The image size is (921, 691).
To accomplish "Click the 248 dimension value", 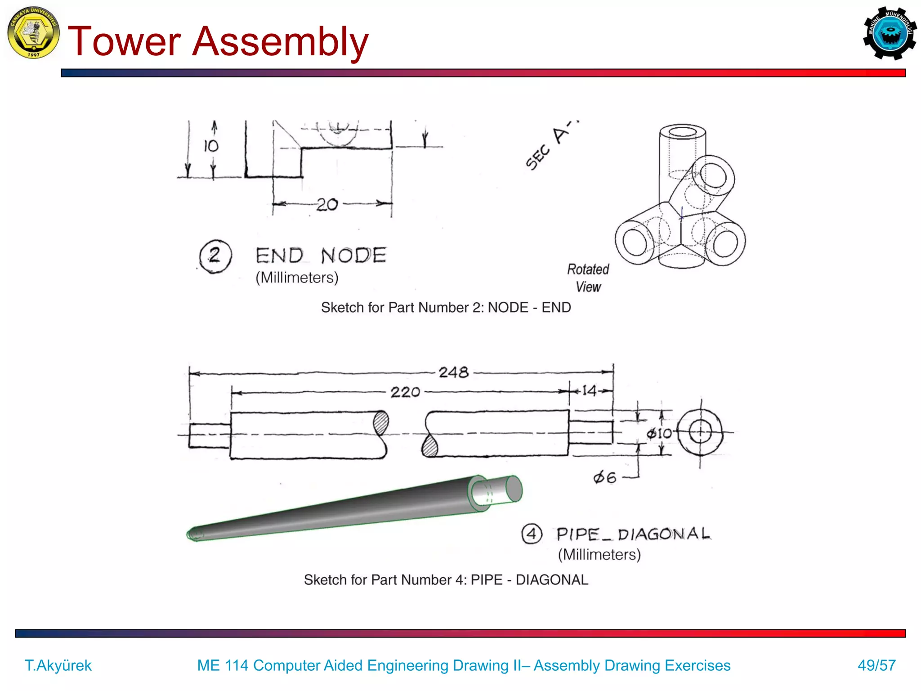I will click(453, 372).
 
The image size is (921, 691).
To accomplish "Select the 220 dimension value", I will click(405, 392).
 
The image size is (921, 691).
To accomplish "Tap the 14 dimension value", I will click(589, 390).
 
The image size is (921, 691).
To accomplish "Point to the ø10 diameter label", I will click(659, 433).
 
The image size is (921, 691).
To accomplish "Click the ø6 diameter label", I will click(604, 477).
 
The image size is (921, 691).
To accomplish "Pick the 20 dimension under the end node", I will click(327, 205).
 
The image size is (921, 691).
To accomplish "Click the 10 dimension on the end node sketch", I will click(210, 146).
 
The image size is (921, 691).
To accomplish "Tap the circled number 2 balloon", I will click(215, 256).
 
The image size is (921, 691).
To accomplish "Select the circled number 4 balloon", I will click(532, 534).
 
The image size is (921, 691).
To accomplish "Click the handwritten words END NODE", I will click(321, 256).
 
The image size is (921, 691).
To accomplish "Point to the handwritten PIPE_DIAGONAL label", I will click(633, 534).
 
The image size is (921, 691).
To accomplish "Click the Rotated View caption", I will click(588, 278).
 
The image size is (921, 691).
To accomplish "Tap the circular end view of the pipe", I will click(700, 433).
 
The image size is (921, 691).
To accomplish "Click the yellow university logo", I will click(33, 32).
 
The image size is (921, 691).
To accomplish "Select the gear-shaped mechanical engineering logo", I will click(889, 33).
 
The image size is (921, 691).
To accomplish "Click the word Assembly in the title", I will click(280, 41).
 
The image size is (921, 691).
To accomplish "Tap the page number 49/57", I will click(876, 665).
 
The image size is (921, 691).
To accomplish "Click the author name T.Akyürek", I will click(58, 665).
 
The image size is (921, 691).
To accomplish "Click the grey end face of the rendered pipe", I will click(514, 489).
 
